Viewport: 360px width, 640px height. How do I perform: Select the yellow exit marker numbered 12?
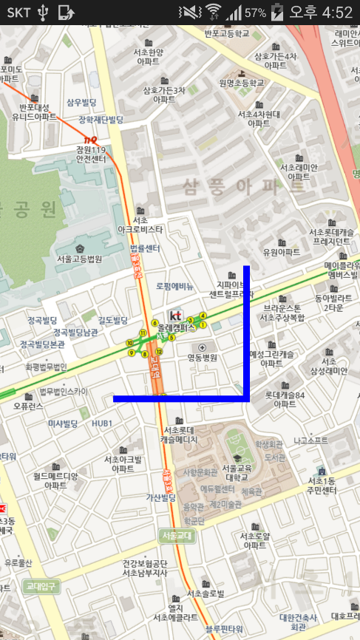(159, 351)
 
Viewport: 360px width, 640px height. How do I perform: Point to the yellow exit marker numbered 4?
(203, 316)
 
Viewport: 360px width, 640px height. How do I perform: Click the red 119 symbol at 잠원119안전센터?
(91, 139)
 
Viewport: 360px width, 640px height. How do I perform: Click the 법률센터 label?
(144, 248)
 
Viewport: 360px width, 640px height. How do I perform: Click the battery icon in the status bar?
(276, 12)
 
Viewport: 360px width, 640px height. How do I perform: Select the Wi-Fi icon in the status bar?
(214, 12)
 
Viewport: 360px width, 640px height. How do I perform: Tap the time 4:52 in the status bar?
(337, 13)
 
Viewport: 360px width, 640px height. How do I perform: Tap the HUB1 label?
(102, 423)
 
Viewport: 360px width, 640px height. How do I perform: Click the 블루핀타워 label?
(224, 629)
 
